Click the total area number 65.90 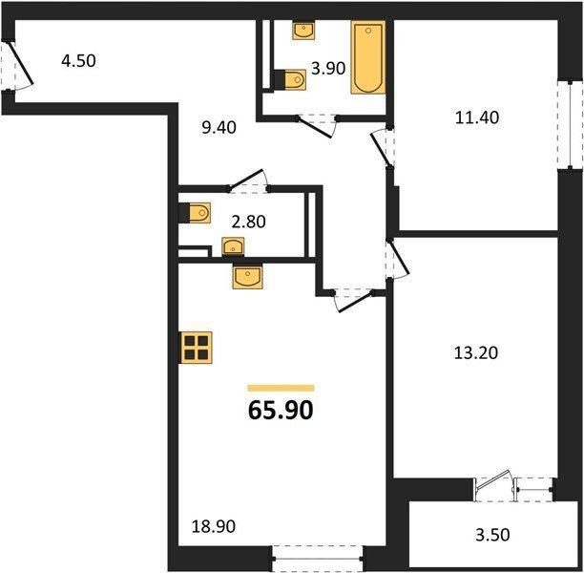tap(281, 411)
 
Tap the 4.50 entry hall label tap(78, 61)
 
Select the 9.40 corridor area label tap(219, 128)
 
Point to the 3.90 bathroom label tap(328, 69)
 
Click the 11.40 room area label tap(477, 117)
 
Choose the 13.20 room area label tap(476, 352)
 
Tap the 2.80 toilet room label tap(248, 222)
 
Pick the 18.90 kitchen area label tap(214, 526)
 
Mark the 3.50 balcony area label tap(492, 535)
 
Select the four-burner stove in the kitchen tap(197, 347)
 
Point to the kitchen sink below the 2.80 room tap(247, 276)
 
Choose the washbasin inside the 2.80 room tap(233, 246)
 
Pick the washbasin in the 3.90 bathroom tap(304, 30)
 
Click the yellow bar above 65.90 tap(281, 388)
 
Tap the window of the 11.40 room tap(571, 124)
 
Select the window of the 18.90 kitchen tap(318, 559)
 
